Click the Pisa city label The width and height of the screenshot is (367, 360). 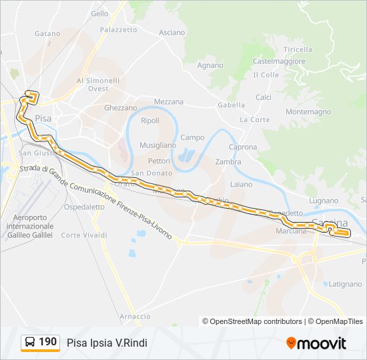coord(43,117)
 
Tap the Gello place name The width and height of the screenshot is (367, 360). coord(99,13)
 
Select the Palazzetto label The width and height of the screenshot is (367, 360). coord(118,30)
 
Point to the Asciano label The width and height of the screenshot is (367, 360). coord(172,33)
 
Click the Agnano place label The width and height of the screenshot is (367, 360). coord(210,65)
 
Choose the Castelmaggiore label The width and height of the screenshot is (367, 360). coord(279,61)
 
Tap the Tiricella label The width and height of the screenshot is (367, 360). coord(298,49)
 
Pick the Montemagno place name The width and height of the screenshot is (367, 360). coord(308,112)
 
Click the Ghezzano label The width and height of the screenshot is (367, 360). coord(120,107)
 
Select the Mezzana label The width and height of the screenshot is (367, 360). coord(169,102)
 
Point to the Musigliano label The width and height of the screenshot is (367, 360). coord(157,145)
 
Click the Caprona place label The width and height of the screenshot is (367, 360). coord(243,147)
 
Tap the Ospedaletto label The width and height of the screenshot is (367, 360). coord(84,207)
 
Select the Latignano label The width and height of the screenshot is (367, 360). coord(344,284)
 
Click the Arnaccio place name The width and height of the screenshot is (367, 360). coord(135,316)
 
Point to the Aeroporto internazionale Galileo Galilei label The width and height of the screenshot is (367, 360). coord(30,227)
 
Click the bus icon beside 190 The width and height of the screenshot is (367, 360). coord(30,342)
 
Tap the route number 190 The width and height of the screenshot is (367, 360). coord(48,342)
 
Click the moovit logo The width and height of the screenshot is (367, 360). coord(316,343)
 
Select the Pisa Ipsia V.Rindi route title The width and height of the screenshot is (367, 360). coord(107,343)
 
